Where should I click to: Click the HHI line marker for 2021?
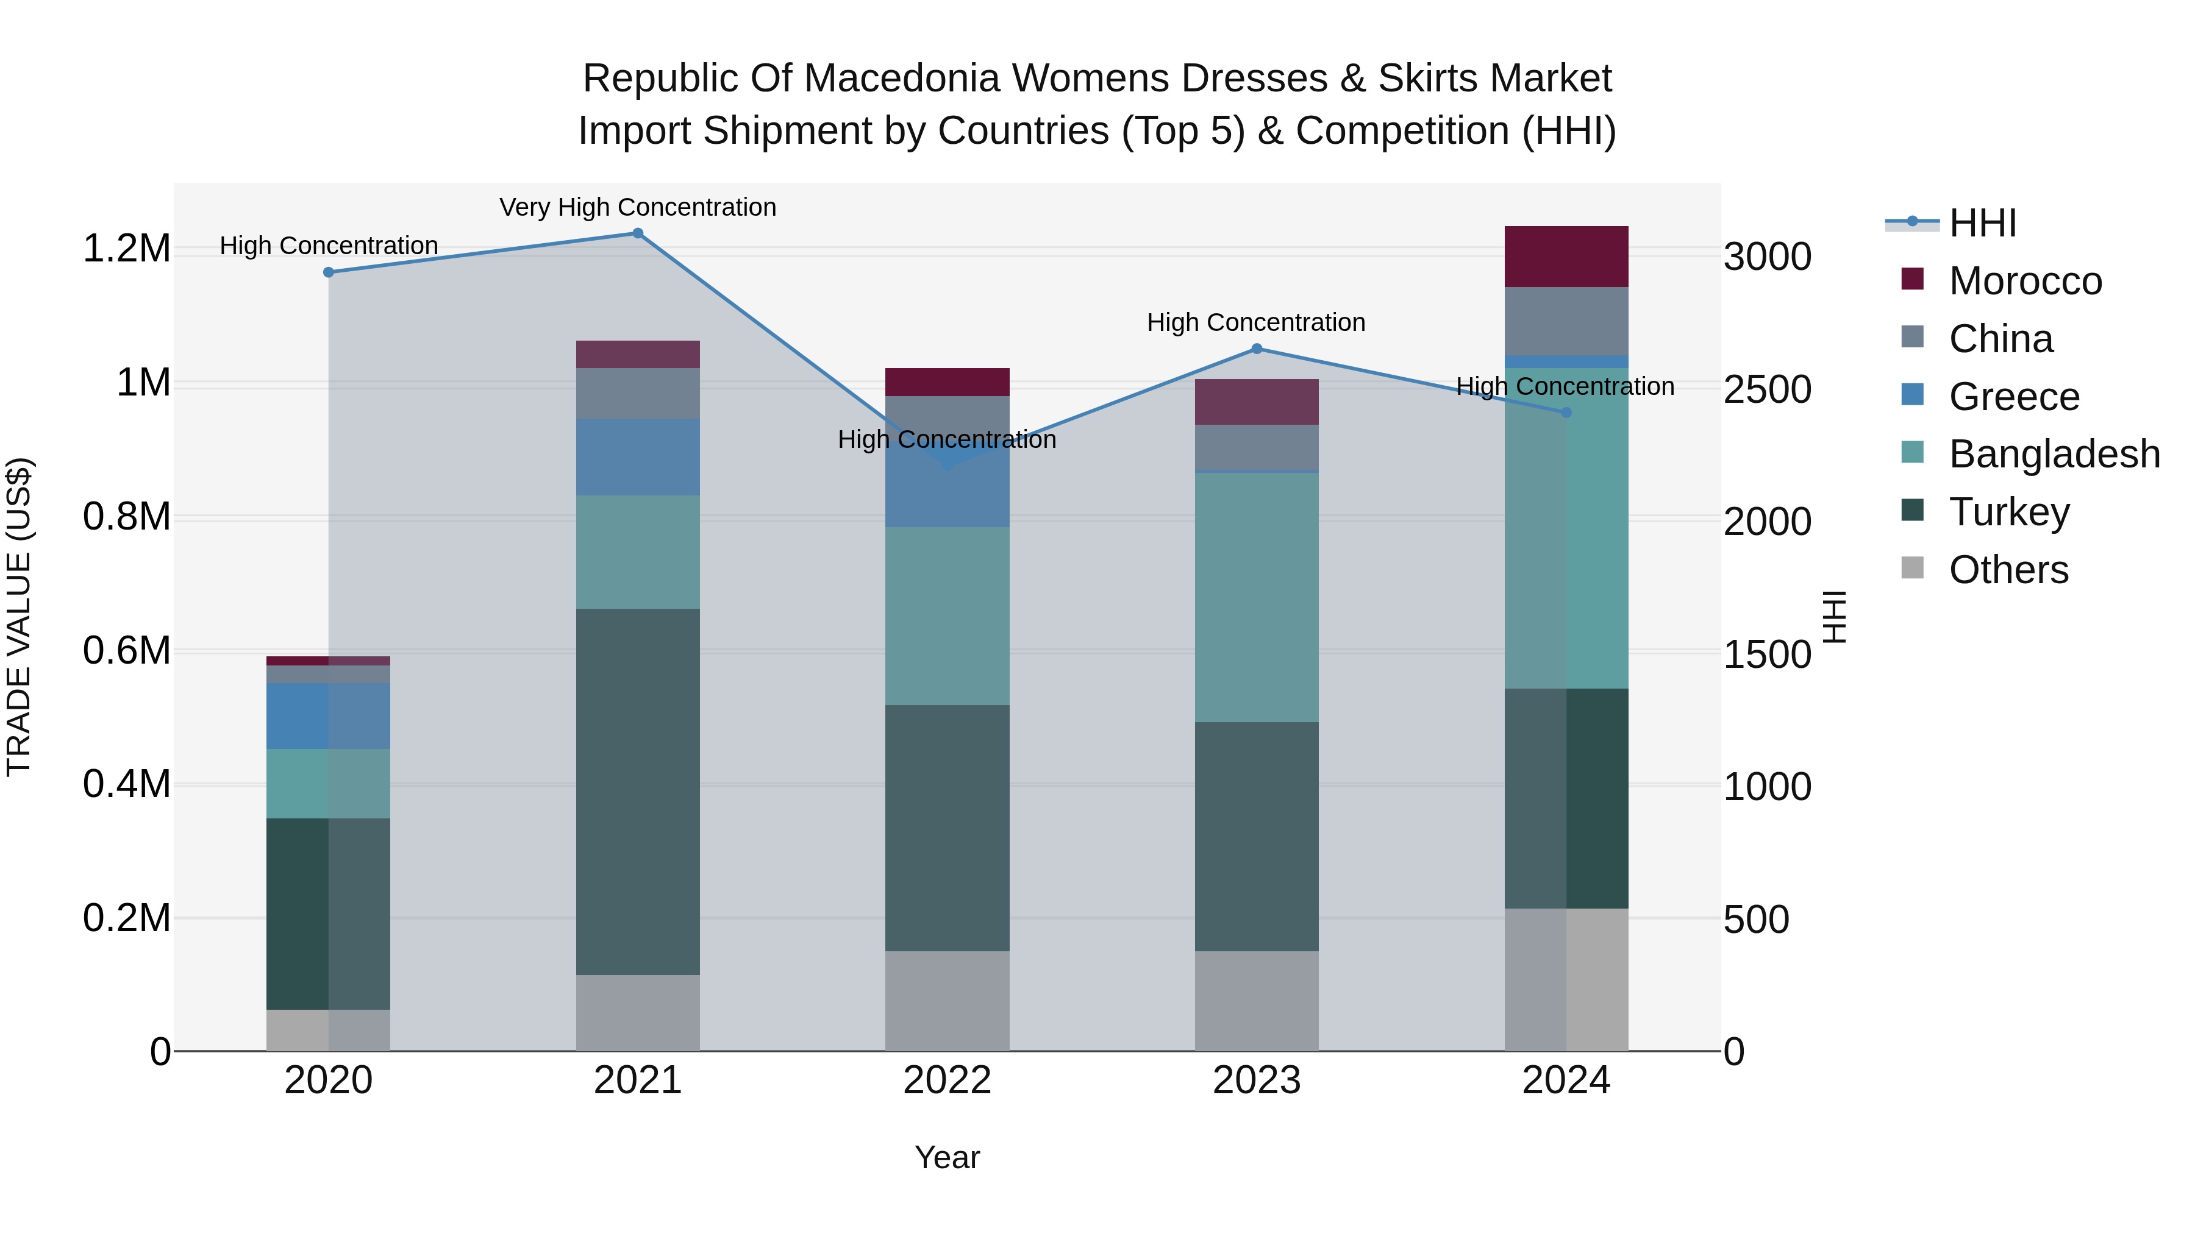[637, 233]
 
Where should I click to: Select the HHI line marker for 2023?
[1256, 349]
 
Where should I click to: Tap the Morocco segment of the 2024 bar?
[1566, 257]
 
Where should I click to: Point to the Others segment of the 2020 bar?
[328, 1030]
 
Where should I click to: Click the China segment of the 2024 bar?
[1566, 321]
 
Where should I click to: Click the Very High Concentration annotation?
[637, 207]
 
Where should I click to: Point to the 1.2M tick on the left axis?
[126, 249]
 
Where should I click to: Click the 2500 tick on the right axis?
[1766, 389]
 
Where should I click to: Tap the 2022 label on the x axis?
[947, 1080]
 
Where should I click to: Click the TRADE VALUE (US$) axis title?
[19, 617]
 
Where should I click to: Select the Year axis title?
[947, 1157]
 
